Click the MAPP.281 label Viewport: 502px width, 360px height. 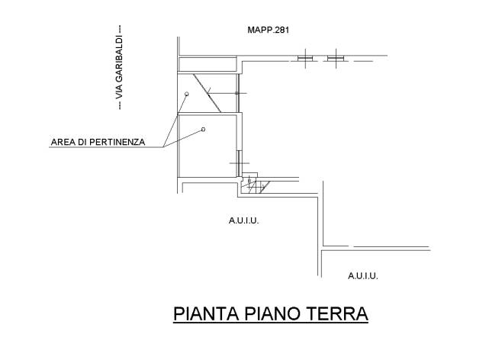coord(269,30)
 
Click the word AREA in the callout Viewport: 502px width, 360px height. coord(63,142)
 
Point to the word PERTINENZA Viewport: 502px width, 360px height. coord(117,142)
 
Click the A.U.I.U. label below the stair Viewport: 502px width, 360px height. coord(243,220)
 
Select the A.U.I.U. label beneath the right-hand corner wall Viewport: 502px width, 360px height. coord(363,276)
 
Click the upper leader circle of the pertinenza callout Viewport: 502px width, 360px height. coord(187,94)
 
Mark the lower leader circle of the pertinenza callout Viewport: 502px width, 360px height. coord(203,130)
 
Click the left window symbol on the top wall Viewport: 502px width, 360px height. coord(305,58)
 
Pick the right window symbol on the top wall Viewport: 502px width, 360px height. coord(336,58)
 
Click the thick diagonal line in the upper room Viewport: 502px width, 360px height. coord(208,93)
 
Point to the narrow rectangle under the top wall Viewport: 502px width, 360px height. coord(208,64)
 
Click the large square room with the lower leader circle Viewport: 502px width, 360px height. coord(208,145)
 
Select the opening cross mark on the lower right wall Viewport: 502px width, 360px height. coord(239,163)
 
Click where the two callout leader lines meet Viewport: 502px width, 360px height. coord(163,147)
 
